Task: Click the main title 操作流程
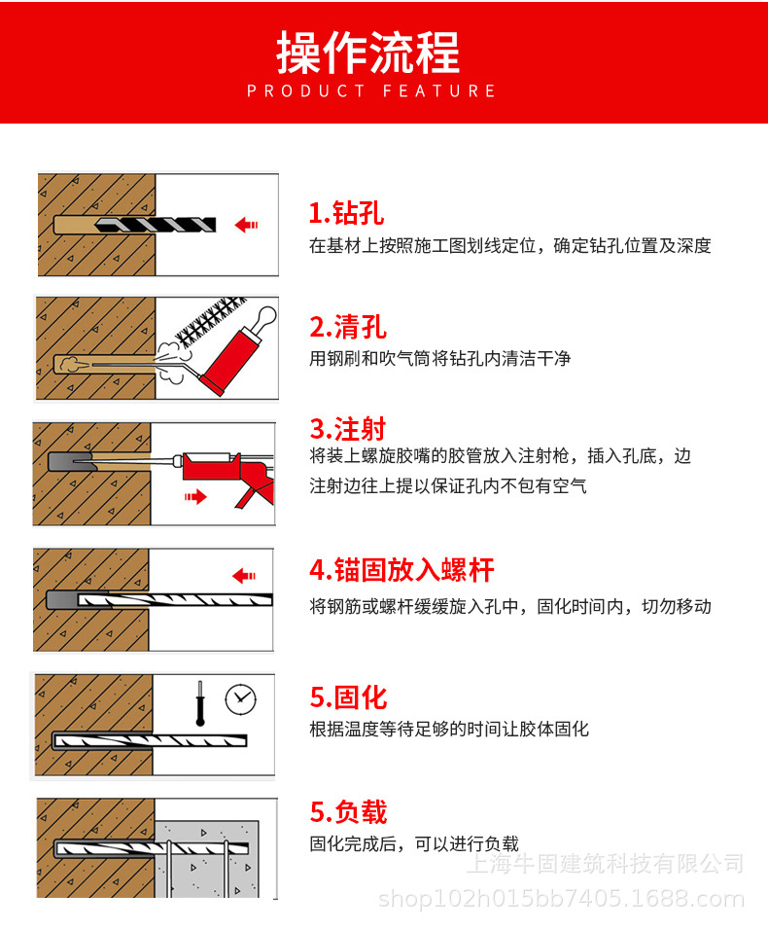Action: click(x=367, y=53)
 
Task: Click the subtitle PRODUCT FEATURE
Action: click(x=371, y=90)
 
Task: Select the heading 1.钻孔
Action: click(x=346, y=213)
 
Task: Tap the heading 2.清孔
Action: click(x=348, y=327)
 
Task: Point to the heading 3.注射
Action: click(x=348, y=428)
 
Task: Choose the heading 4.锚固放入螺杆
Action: click(x=401, y=570)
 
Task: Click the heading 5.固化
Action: click(x=348, y=697)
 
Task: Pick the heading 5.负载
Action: click(x=348, y=811)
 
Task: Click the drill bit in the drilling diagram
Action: click(x=156, y=225)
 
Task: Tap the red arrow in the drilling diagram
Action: click(x=246, y=225)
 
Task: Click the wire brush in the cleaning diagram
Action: click(x=210, y=322)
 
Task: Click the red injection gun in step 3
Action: click(x=228, y=474)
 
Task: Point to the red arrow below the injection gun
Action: click(x=195, y=496)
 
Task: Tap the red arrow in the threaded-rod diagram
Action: click(x=244, y=575)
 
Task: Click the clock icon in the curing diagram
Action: click(x=240, y=699)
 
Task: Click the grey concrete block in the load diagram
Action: click(x=207, y=858)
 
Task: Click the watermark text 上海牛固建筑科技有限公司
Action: click(x=605, y=863)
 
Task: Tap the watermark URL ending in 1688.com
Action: click(x=561, y=899)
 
